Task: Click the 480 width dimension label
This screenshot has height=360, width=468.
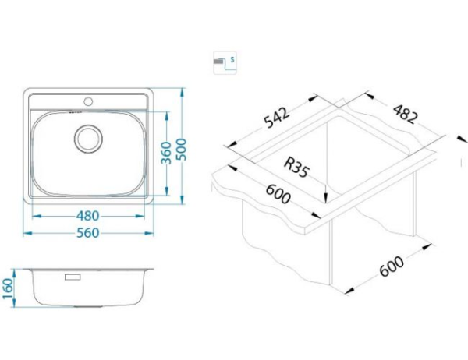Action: (x=87, y=216)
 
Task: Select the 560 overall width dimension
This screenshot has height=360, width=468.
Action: (x=87, y=233)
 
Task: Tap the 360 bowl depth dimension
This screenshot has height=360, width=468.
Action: (x=166, y=153)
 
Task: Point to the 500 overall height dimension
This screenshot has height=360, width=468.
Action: (x=181, y=150)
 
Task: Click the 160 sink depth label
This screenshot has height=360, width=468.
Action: (x=8, y=289)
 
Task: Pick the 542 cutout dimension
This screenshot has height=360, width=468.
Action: (x=277, y=118)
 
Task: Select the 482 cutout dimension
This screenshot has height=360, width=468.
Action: (x=405, y=114)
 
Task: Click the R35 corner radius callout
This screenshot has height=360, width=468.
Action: (x=296, y=168)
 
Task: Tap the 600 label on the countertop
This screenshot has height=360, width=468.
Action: (x=278, y=193)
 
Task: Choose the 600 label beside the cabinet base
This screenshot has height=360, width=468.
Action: (x=392, y=266)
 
